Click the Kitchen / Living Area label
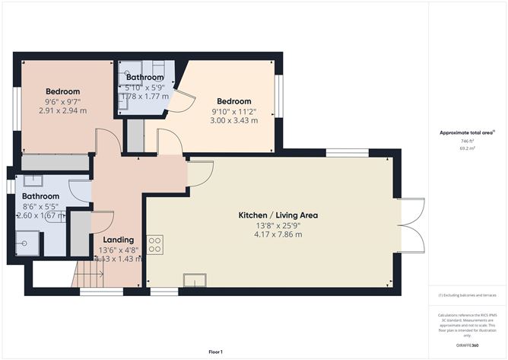pyautogui.click(x=278, y=215)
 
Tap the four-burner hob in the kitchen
pyautogui.click(x=155, y=245)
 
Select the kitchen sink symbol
pyautogui.click(x=195, y=281)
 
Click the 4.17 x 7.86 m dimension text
pyautogui.click(x=278, y=234)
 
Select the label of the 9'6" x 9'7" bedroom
pyautogui.click(x=63, y=92)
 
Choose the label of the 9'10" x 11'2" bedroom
pyautogui.click(x=233, y=101)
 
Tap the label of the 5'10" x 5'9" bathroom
pyautogui.click(x=144, y=78)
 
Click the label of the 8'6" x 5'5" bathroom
pyautogui.click(x=40, y=196)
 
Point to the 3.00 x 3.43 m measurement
pyautogui.click(x=233, y=120)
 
